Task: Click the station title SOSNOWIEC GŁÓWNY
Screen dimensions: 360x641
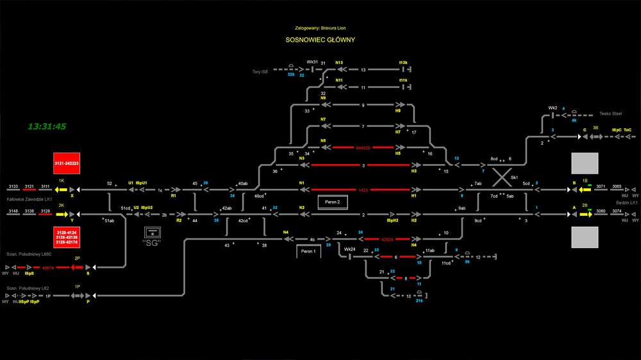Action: tap(320, 40)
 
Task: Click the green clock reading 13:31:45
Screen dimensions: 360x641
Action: tap(47, 126)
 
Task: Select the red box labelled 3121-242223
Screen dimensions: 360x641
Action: tap(67, 163)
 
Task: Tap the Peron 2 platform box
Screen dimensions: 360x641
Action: tap(333, 202)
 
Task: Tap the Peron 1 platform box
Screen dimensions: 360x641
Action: tap(308, 252)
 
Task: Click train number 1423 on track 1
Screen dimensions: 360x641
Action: tap(362, 190)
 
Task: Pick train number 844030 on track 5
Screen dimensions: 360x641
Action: tap(363, 147)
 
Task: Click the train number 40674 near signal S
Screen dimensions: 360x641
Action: tap(48, 268)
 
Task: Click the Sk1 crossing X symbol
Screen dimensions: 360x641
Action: tap(501, 175)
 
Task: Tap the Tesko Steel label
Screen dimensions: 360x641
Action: tap(610, 113)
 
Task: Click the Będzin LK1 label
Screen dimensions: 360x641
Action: tap(624, 202)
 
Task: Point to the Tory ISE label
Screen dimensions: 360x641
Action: tap(261, 72)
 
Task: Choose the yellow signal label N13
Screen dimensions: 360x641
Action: tap(339, 63)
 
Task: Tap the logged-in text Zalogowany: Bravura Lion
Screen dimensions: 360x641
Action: tap(320, 28)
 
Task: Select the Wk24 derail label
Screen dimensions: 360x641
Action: tap(349, 249)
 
